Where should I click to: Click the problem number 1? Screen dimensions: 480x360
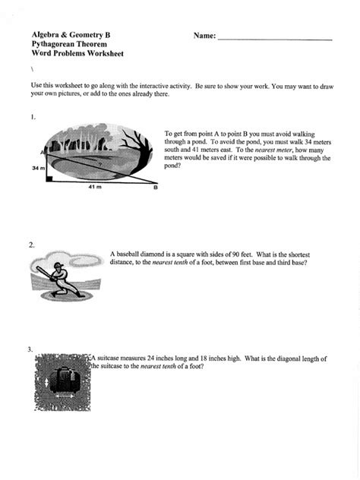coord(33,118)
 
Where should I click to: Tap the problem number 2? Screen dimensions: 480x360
coord(31,245)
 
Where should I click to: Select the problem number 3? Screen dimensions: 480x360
coord(30,349)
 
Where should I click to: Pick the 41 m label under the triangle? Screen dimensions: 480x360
coord(93,187)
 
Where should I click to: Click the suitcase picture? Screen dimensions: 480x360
coord(63,377)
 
